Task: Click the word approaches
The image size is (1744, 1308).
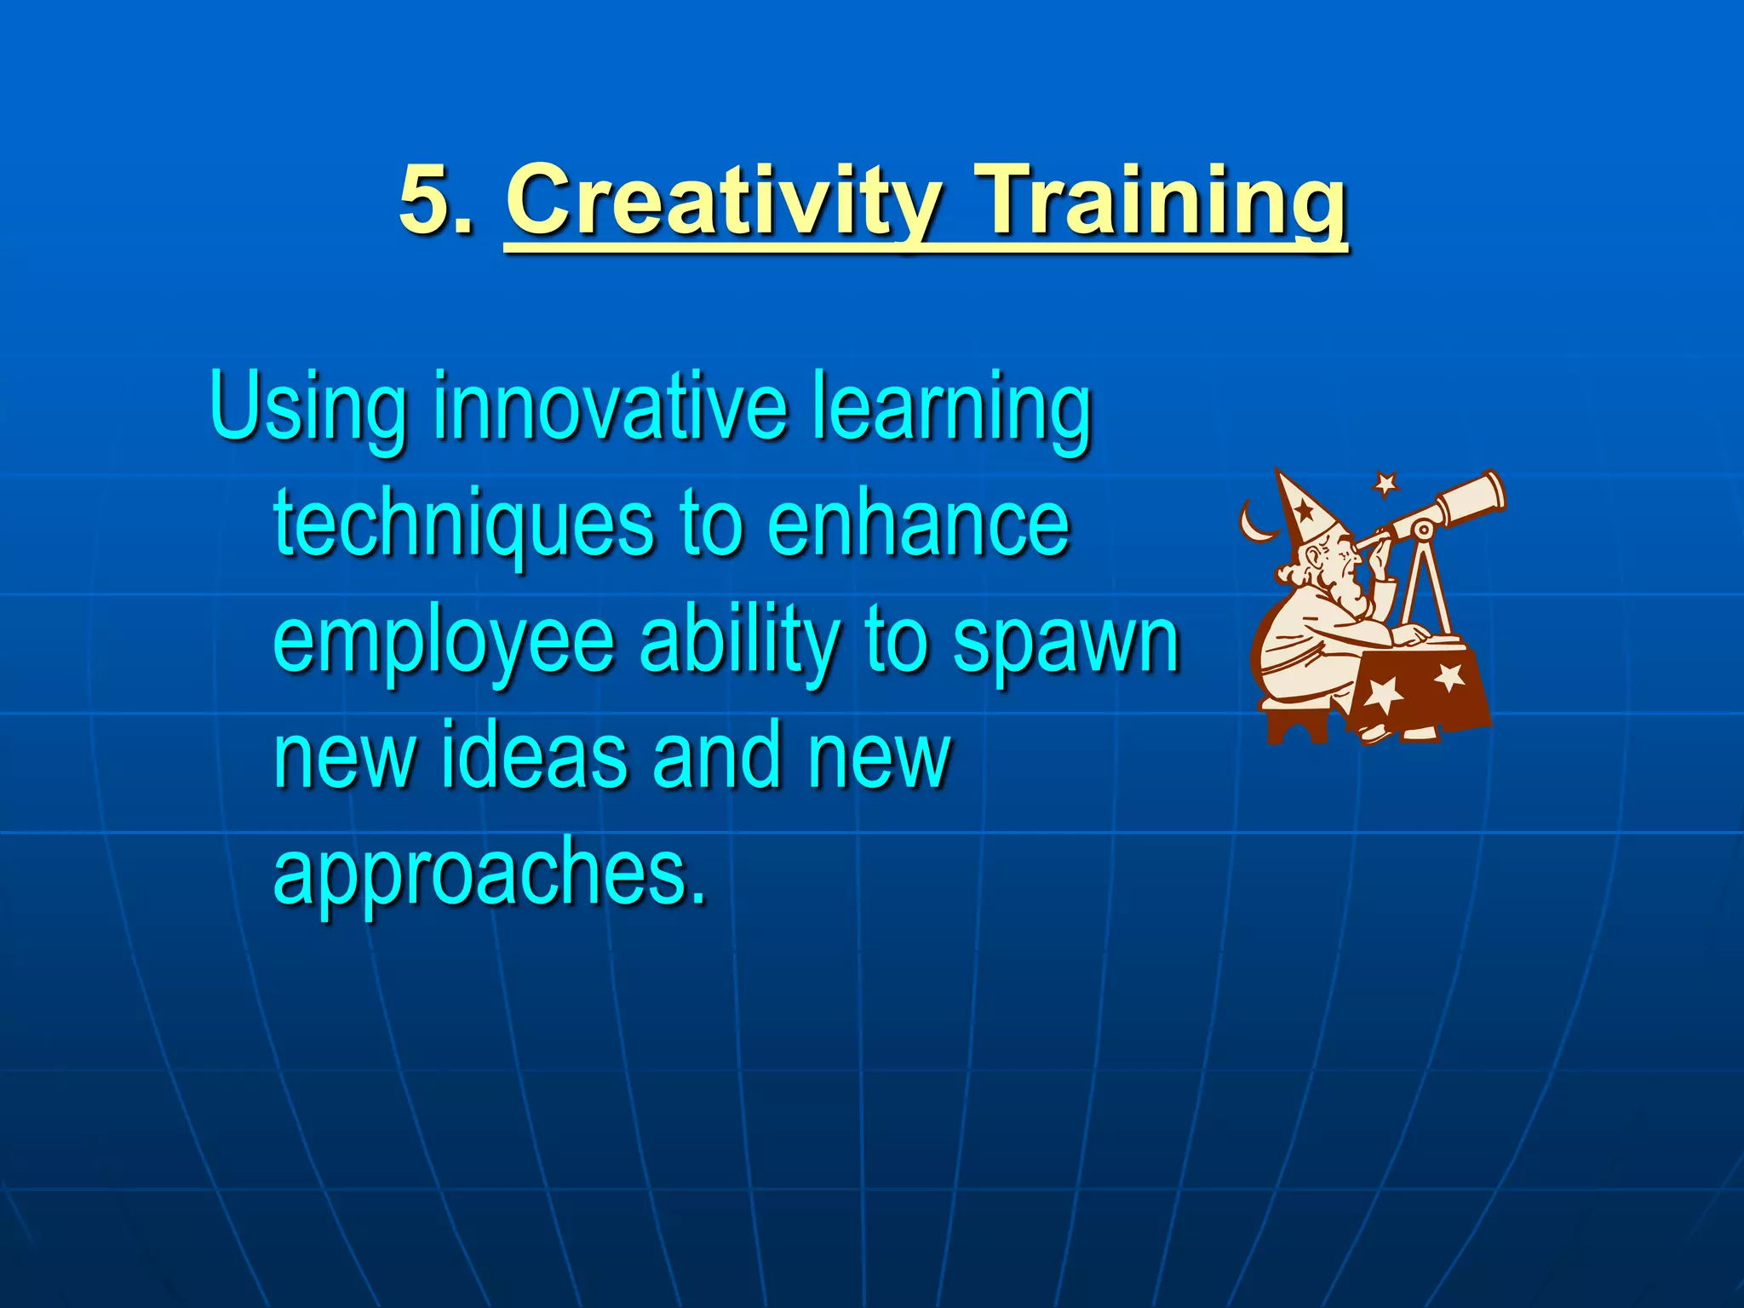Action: click(x=490, y=874)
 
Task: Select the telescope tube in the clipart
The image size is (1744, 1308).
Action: click(x=1448, y=506)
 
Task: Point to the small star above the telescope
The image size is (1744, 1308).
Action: click(x=1386, y=484)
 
